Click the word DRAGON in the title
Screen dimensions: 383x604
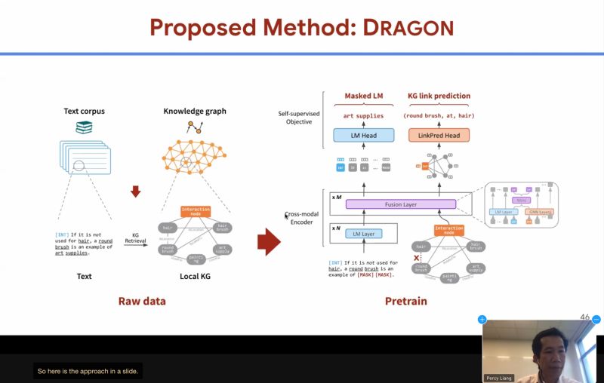point(408,28)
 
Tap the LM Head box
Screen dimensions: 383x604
point(364,136)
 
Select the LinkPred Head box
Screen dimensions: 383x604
point(439,136)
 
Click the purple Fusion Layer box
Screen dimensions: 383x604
point(401,204)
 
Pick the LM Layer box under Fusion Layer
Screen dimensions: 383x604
point(364,234)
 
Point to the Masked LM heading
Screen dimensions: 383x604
point(364,97)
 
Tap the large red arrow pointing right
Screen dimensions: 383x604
point(269,242)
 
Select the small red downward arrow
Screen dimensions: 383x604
point(136,191)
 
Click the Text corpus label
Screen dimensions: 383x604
point(84,112)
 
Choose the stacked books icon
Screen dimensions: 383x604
point(84,128)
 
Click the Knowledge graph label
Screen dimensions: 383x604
point(195,112)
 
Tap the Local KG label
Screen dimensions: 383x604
point(195,277)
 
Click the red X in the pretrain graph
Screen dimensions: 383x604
point(416,258)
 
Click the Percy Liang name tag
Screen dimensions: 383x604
point(499,378)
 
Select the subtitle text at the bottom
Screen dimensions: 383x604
point(88,371)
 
